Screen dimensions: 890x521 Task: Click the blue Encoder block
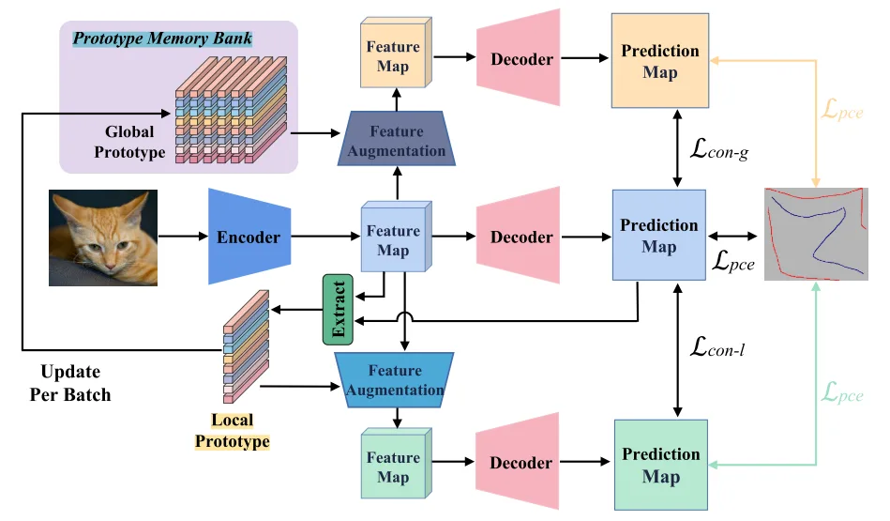click(249, 237)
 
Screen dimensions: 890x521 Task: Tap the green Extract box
click(338, 310)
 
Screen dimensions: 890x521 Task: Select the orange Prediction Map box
click(659, 61)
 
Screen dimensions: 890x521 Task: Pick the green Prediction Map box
click(660, 465)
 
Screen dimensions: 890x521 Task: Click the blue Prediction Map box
click(659, 236)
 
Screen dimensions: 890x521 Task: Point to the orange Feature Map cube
click(396, 53)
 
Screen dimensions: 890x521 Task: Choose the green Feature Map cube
click(396, 464)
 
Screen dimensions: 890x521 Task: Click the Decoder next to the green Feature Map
click(518, 461)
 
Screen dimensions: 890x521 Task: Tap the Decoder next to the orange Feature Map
click(519, 58)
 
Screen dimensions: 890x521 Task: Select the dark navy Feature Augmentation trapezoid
click(396, 139)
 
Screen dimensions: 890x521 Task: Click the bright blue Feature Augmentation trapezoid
click(395, 379)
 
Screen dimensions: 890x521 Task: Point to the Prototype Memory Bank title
click(162, 38)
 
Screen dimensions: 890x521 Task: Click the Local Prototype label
click(233, 431)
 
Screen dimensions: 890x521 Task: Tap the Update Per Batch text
click(70, 383)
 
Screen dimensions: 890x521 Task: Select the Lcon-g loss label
click(719, 149)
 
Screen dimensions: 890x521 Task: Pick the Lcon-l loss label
click(717, 346)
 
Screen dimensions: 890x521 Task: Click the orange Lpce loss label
click(842, 109)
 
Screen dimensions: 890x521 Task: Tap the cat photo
click(103, 238)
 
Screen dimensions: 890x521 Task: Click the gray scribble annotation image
click(816, 234)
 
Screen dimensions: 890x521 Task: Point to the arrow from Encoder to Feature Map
click(325, 236)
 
